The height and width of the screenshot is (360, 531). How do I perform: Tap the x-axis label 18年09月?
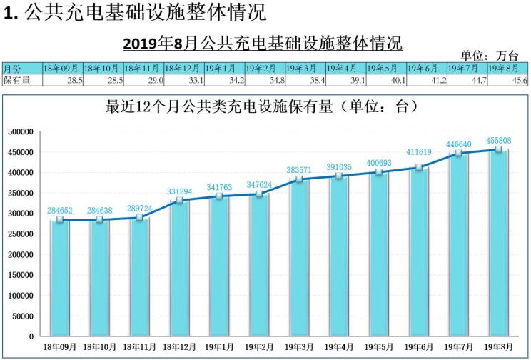pos(60,346)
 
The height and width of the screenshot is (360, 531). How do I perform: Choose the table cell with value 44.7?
pos(467,81)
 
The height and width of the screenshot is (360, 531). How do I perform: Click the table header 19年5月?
pos(386,69)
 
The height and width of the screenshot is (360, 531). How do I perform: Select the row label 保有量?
pos(17,81)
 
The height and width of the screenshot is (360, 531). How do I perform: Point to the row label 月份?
pos(12,69)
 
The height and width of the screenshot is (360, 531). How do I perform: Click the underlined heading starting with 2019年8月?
pos(263,42)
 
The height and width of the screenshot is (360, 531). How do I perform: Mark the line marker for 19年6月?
pos(419,168)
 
